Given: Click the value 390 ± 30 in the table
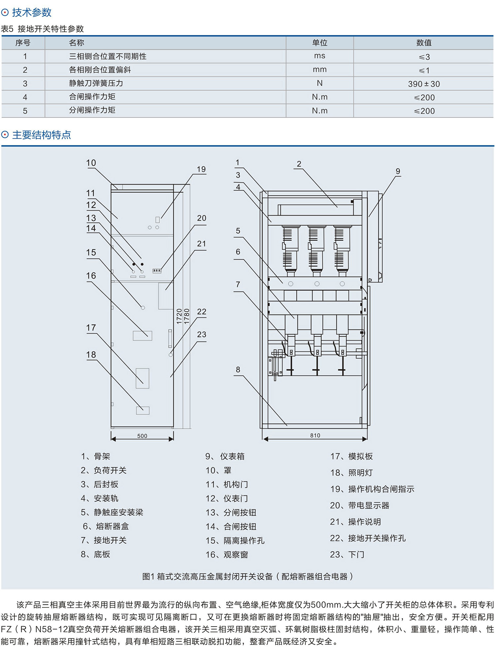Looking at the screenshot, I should point(424,84).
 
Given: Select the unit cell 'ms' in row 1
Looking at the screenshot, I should point(319,56).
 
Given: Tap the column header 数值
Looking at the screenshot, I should point(424,43).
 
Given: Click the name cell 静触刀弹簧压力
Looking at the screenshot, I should point(96,83).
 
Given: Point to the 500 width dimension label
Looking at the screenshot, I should point(142,436).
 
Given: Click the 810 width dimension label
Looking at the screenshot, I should point(315,435).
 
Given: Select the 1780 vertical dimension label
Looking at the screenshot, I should point(187,316).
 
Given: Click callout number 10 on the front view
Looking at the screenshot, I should point(91,163).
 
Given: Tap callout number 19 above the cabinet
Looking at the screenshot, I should point(201,169).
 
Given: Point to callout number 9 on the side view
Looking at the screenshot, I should point(398,171).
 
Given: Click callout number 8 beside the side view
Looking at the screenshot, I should point(238,369).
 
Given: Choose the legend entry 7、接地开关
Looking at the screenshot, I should point(104,540).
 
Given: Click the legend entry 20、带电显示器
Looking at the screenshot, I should point(360,505).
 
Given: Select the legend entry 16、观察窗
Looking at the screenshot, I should point(227,555).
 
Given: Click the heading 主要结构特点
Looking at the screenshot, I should point(42,135).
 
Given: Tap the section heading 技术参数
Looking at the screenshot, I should point(32,13).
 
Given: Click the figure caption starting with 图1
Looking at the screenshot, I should point(247,576).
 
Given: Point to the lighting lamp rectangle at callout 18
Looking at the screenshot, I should point(143,410).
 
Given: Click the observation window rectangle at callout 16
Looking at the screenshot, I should point(143,336).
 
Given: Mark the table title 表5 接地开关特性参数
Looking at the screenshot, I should point(42,29).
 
